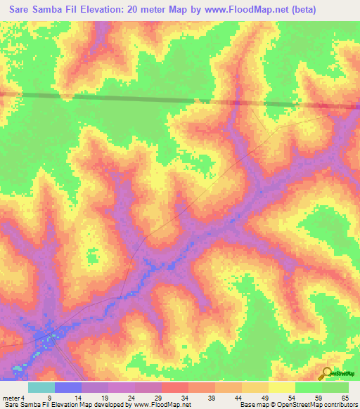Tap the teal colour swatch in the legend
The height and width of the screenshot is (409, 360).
[x=41, y=387]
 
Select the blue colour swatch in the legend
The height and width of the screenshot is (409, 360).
[x=67, y=387]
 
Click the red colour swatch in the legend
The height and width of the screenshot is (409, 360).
[x=174, y=387]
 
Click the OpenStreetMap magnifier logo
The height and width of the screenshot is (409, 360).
[x=327, y=374]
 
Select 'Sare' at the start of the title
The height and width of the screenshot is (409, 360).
[x=22, y=10]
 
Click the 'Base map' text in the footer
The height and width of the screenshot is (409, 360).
[x=255, y=405]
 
